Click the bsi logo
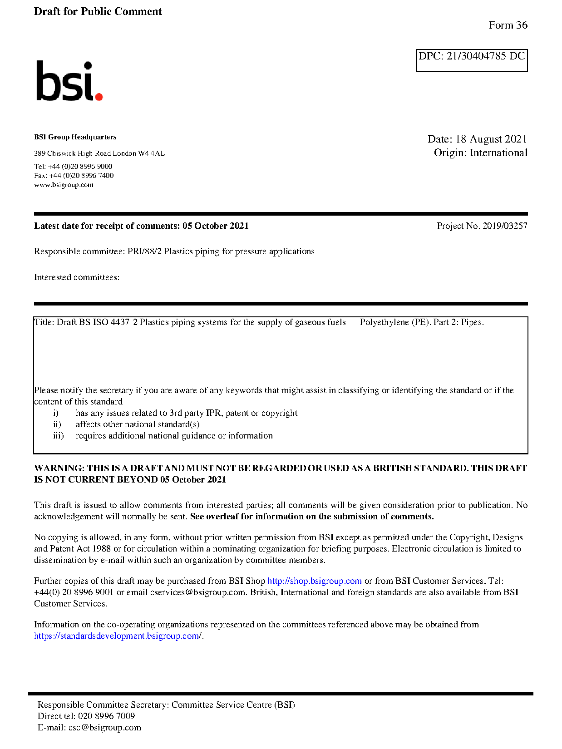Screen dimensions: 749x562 click(x=69, y=81)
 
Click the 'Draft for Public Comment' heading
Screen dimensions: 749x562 click(x=98, y=11)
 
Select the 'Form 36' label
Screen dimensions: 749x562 click(x=508, y=25)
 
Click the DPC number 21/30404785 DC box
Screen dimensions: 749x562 click(x=471, y=60)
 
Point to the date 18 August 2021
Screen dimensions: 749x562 click(x=491, y=139)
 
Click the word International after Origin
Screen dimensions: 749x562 click(x=498, y=153)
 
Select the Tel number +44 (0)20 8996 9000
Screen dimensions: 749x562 click(x=80, y=166)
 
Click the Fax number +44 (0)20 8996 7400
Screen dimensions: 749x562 click(x=81, y=175)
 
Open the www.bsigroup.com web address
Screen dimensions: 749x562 click(x=64, y=185)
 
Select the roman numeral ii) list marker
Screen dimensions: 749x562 click(x=57, y=424)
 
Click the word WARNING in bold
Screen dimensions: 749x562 click(x=59, y=468)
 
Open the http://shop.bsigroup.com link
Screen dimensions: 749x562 click(x=314, y=581)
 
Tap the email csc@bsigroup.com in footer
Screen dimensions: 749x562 click(x=104, y=727)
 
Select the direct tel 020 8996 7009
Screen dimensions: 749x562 click(x=106, y=716)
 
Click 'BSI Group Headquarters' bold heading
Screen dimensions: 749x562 click(x=75, y=137)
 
